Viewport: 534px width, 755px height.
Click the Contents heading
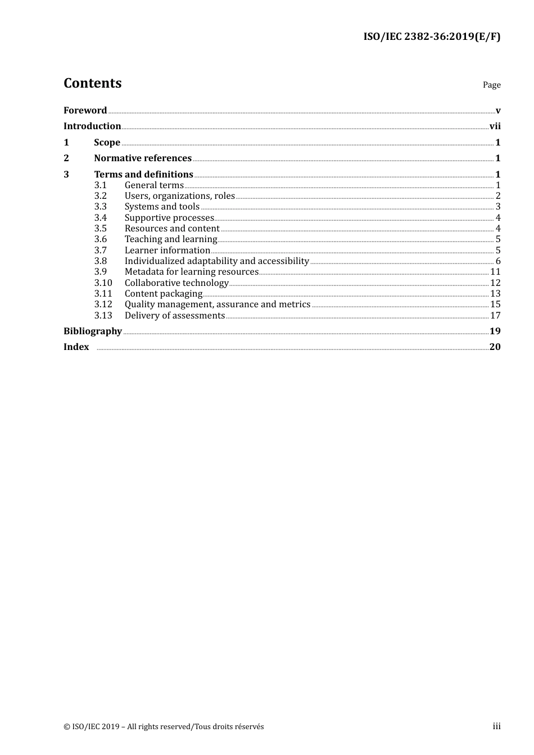pyautogui.click(x=92, y=83)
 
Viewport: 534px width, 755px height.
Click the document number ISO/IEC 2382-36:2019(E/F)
pyautogui.click(x=432, y=37)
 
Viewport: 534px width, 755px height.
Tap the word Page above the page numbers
pyautogui.click(x=491, y=85)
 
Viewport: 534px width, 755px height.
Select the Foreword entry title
pyautogui.click(x=85, y=111)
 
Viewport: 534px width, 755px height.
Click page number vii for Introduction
pyautogui.click(x=495, y=126)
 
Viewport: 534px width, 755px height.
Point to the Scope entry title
pyautogui.click(x=107, y=143)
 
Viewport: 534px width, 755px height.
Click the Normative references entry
pyautogui.click(x=143, y=158)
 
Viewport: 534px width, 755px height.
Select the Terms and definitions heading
pyautogui.click(x=143, y=175)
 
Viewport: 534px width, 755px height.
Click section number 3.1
pyautogui.click(x=100, y=185)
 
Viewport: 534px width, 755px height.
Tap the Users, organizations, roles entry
pyautogui.click(x=179, y=196)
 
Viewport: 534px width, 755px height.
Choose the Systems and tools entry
pyautogui.click(x=162, y=207)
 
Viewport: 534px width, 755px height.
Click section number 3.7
pyautogui.click(x=100, y=251)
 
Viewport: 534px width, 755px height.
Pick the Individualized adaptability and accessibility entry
pyautogui.click(x=216, y=261)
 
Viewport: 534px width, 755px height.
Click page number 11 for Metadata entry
pyautogui.click(x=495, y=272)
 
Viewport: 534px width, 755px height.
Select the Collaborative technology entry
pyautogui.click(x=177, y=283)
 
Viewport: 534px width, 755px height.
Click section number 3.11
pyautogui.click(x=103, y=294)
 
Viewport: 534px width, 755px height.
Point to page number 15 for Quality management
pyautogui.click(x=495, y=304)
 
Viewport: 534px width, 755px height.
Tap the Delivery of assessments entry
pyautogui.click(x=174, y=316)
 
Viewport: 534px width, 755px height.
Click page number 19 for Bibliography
pyautogui.click(x=495, y=331)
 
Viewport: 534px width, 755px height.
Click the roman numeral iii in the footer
pyautogui.click(x=496, y=726)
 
